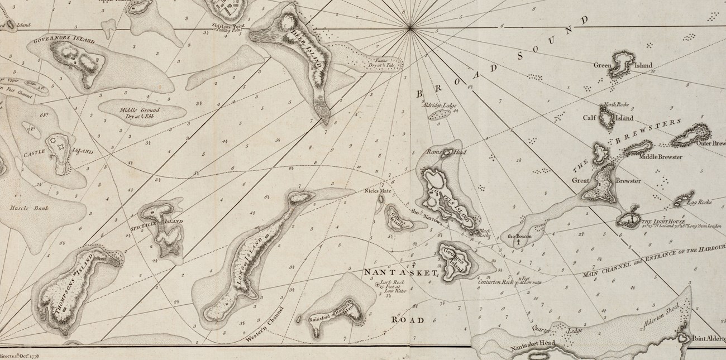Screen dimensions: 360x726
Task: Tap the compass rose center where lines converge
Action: pyautogui.click(x=410, y=27)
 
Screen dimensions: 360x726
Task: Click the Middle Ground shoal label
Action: pyautogui.click(x=136, y=113)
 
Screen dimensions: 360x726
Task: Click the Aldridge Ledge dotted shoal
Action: pyautogui.click(x=440, y=114)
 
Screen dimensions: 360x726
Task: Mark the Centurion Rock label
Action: pyautogui.click(x=495, y=282)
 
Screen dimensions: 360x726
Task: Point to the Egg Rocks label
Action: pyautogui.click(x=698, y=202)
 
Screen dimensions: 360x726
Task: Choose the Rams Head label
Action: pyautogui.click(x=439, y=152)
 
